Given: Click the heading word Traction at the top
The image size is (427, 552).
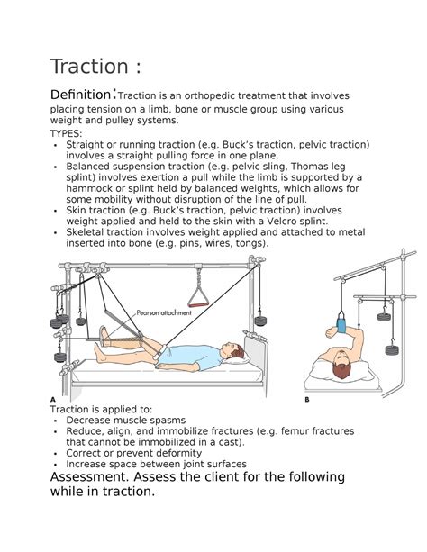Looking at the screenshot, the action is [89, 67].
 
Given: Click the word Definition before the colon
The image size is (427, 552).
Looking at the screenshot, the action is [81, 95].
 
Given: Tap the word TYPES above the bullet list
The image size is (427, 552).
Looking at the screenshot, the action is [65, 134].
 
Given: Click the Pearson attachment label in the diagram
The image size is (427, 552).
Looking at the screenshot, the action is [164, 312].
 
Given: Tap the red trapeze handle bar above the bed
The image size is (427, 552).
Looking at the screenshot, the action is [198, 304].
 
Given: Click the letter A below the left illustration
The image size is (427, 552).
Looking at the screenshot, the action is [53, 400].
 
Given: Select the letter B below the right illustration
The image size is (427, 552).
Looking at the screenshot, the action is [307, 400].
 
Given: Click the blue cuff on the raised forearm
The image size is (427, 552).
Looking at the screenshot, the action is [341, 324].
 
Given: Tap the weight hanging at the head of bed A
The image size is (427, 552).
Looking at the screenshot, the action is [260, 321].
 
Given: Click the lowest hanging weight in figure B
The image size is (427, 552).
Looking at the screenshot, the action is [392, 349].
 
